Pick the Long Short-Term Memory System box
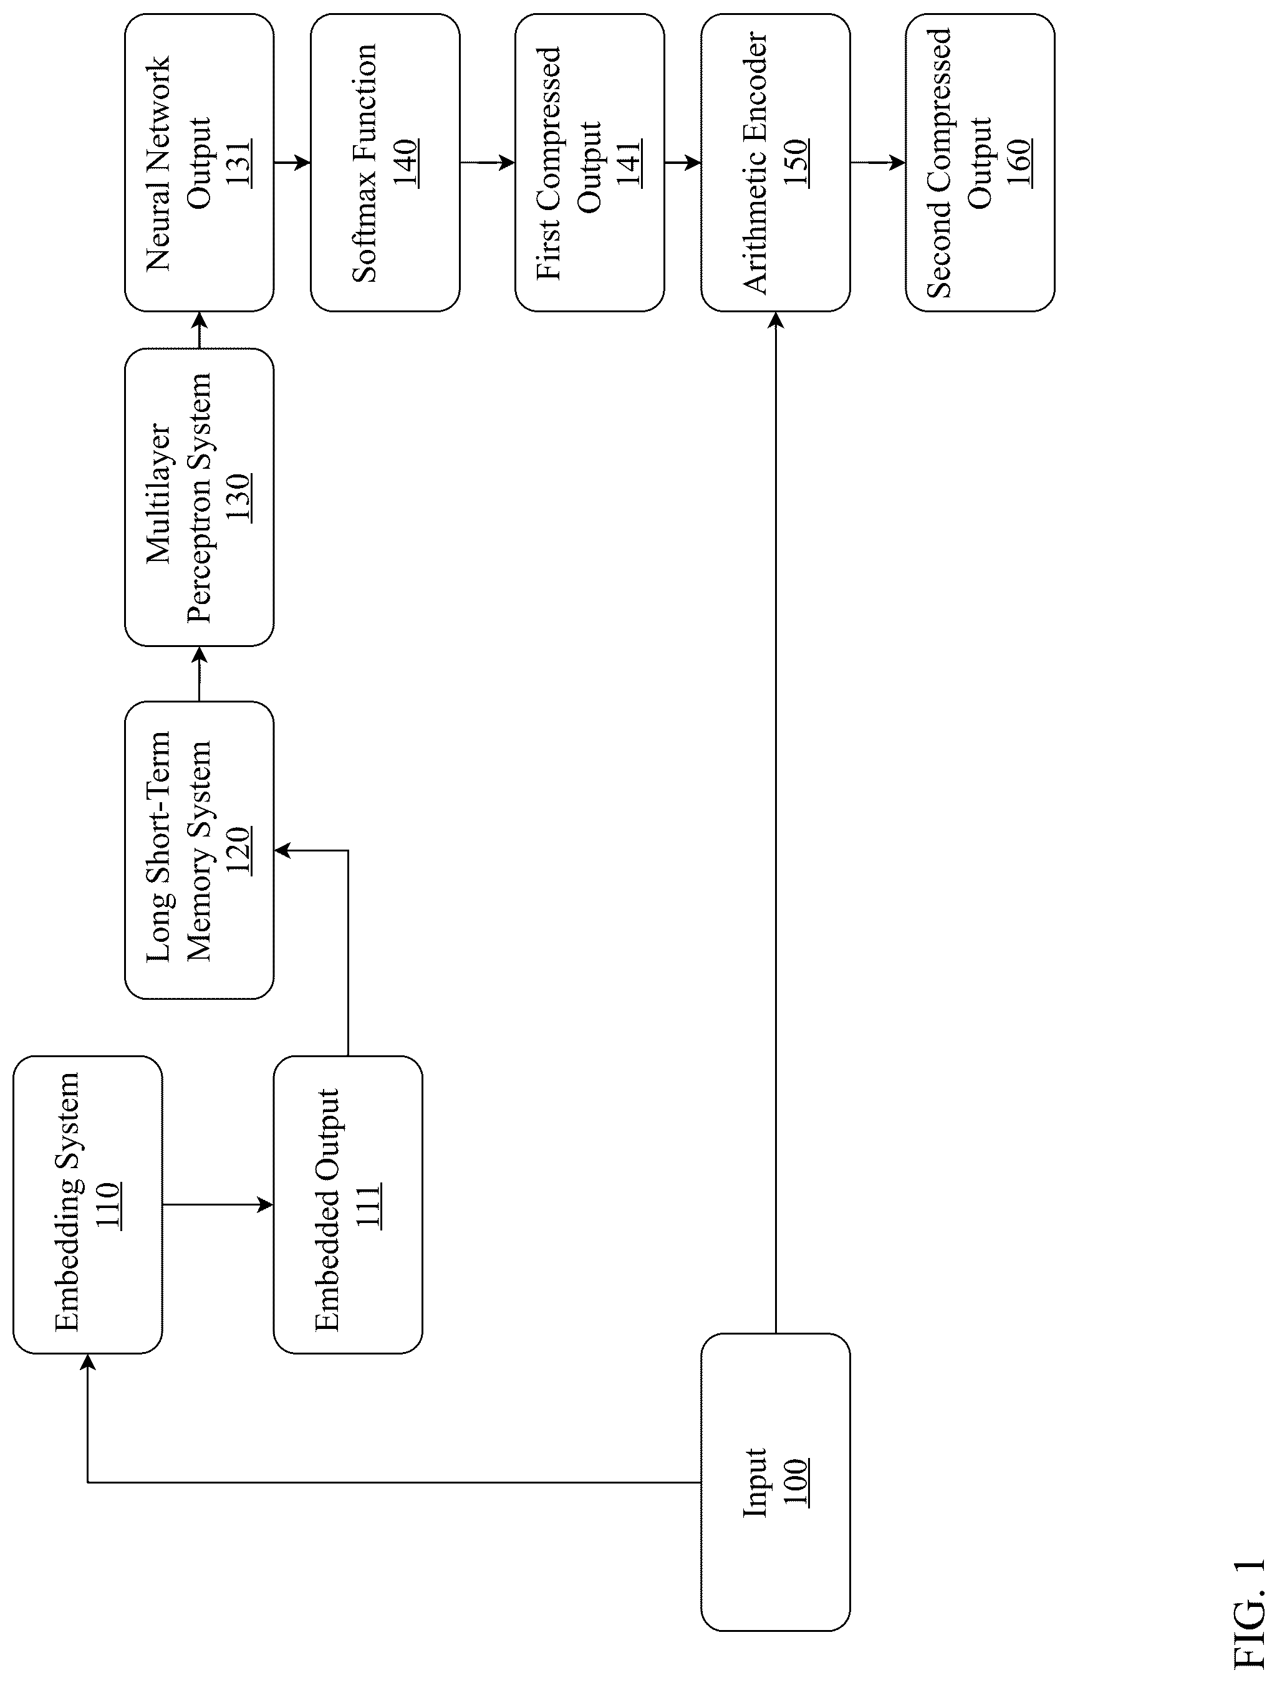pyautogui.click(x=200, y=850)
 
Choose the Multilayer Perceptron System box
pyautogui.click(x=200, y=497)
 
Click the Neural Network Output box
pyautogui.click(x=200, y=163)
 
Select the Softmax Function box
pyautogui.click(x=385, y=163)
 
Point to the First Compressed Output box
pyautogui.click(x=590, y=163)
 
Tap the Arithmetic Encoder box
pyautogui.click(x=774, y=163)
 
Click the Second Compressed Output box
pyautogui.click(x=980, y=163)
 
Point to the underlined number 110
pyautogui.click(x=108, y=1204)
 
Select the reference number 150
pyautogui.click(x=796, y=163)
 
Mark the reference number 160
pyautogui.click(x=1019, y=163)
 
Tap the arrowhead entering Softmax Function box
pyautogui.click(x=303, y=163)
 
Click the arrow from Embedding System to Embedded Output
pyautogui.click(x=218, y=1204)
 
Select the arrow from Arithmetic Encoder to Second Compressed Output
pyautogui.click(x=877, y=163)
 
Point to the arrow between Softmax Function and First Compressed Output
pyautogui.click(x=487, y=163)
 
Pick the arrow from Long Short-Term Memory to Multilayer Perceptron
pyautogui.click(x=200, y=673)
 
